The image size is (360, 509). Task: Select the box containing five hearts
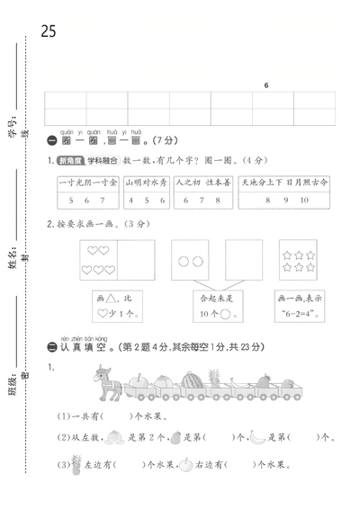98,259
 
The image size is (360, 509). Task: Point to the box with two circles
191,259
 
